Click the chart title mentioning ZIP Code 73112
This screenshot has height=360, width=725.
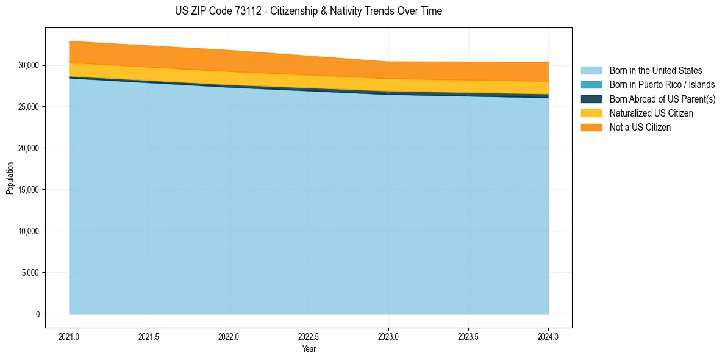coord(309,11)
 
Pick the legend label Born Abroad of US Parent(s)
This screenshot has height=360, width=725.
coord(662,99)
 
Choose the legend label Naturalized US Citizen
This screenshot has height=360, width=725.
coord(651,113)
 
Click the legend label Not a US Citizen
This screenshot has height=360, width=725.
coord(640,128)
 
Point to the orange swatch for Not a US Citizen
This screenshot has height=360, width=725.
coord(591,128)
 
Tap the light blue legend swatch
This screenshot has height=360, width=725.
coord(591,71)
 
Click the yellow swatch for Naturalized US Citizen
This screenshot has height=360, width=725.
coord(591,113)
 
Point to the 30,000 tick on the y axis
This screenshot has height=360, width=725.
coord(28,65)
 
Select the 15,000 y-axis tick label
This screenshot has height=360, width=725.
coord(28,190)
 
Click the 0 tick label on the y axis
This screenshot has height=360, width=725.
coord(37,314)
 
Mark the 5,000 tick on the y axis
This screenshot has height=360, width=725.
coord(30,273)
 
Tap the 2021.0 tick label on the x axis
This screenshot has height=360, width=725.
coord(69,336)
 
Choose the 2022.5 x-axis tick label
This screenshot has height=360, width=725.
coord(309,336)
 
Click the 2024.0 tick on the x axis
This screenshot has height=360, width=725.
coord(548,336)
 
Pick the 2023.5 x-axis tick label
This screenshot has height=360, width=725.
coord(468,336)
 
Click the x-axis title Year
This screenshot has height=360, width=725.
coord(309,350)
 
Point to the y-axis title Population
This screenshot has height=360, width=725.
coord(10,178)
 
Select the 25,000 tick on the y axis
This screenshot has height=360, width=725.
coord(28,107)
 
